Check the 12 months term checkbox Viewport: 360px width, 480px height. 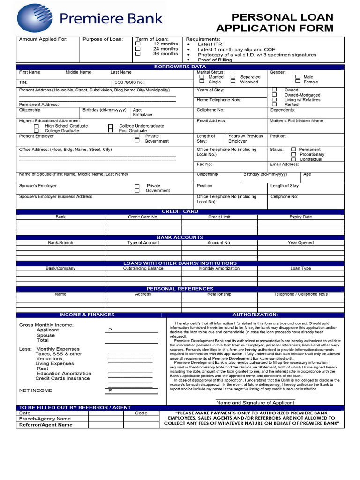[138, 44]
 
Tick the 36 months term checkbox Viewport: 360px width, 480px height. [138, 53]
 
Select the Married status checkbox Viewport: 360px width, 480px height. [202, 76]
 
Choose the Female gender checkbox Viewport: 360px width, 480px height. [298, 82]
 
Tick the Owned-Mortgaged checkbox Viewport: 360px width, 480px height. [275, 95]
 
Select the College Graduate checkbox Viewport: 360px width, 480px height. [37, 131]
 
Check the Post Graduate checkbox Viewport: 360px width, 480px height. [111, 131]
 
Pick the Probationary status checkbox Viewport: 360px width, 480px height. [293, 154]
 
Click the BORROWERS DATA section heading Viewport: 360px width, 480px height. [180, 67]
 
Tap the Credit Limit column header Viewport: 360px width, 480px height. [219, 217]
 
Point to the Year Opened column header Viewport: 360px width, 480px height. [300, 243]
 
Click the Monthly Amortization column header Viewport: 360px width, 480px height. [219, 269]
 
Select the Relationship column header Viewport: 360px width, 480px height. [219, 294]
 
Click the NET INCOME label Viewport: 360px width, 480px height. [36, 390]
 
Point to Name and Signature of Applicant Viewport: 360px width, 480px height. [255, 403]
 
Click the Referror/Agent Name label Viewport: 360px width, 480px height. [45, 425]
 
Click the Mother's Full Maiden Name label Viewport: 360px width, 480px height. [296, 121]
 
